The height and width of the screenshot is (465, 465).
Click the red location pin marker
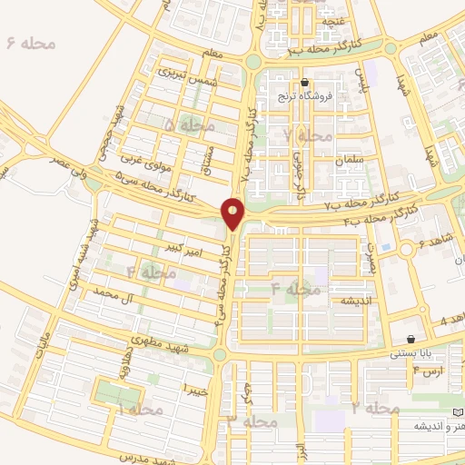[233, 213]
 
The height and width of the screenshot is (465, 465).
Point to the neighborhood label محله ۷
[308, 135]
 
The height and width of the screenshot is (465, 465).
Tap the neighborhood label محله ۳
[252, 421]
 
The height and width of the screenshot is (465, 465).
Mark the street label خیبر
[195, 388]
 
